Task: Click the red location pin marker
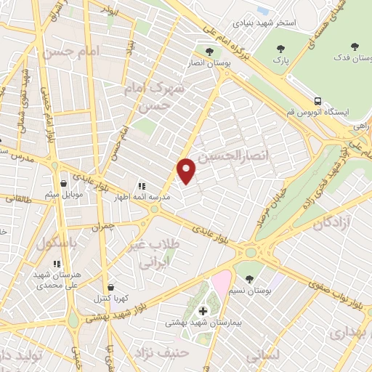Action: coord(187,171)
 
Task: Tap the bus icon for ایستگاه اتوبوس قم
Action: coord(318,101)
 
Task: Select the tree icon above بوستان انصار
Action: coord(209,52)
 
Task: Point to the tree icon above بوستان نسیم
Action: coord(250,279)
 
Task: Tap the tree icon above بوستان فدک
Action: coord(355,46)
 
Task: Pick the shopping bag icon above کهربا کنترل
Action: coord(108,288)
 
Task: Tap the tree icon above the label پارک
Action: coord(281,49)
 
